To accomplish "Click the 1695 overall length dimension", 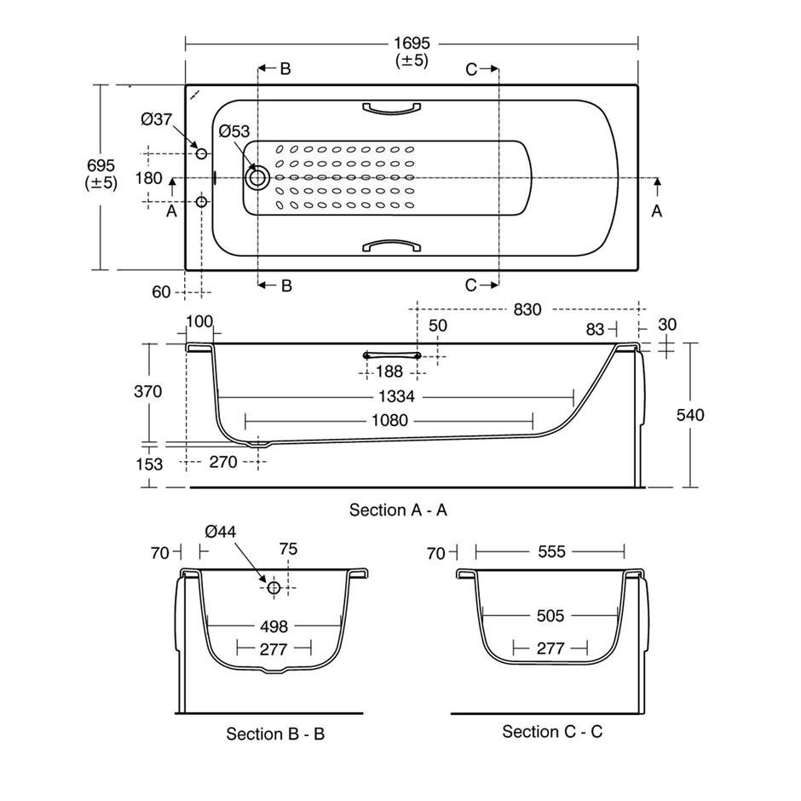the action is tap(412, 43).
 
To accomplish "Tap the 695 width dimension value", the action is tap(101, 165).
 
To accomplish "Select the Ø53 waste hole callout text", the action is tap(234, 131).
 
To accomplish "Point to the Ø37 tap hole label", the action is tap(156, 119).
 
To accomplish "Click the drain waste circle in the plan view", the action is tap(257, 178).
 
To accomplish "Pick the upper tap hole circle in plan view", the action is tap(201, 153).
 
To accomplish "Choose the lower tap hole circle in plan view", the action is tap(201, 202).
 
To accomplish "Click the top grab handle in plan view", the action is tap(391, 107).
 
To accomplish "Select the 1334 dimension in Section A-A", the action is tap(396, 396).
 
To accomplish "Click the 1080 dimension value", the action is tap(389, 420).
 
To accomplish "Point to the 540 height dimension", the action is tap(690, 415).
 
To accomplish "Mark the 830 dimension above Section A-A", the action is tap(527, 309).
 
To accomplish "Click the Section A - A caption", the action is tap(398, 510).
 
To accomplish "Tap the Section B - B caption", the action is tap(275, 734).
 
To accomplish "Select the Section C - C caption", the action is tap(552, 731).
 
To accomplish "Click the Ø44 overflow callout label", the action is tap(220, 532).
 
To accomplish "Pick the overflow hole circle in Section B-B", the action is tap(274, 587).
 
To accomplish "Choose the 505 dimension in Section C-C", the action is tap(550, 615).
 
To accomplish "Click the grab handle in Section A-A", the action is tap(392, 355).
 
